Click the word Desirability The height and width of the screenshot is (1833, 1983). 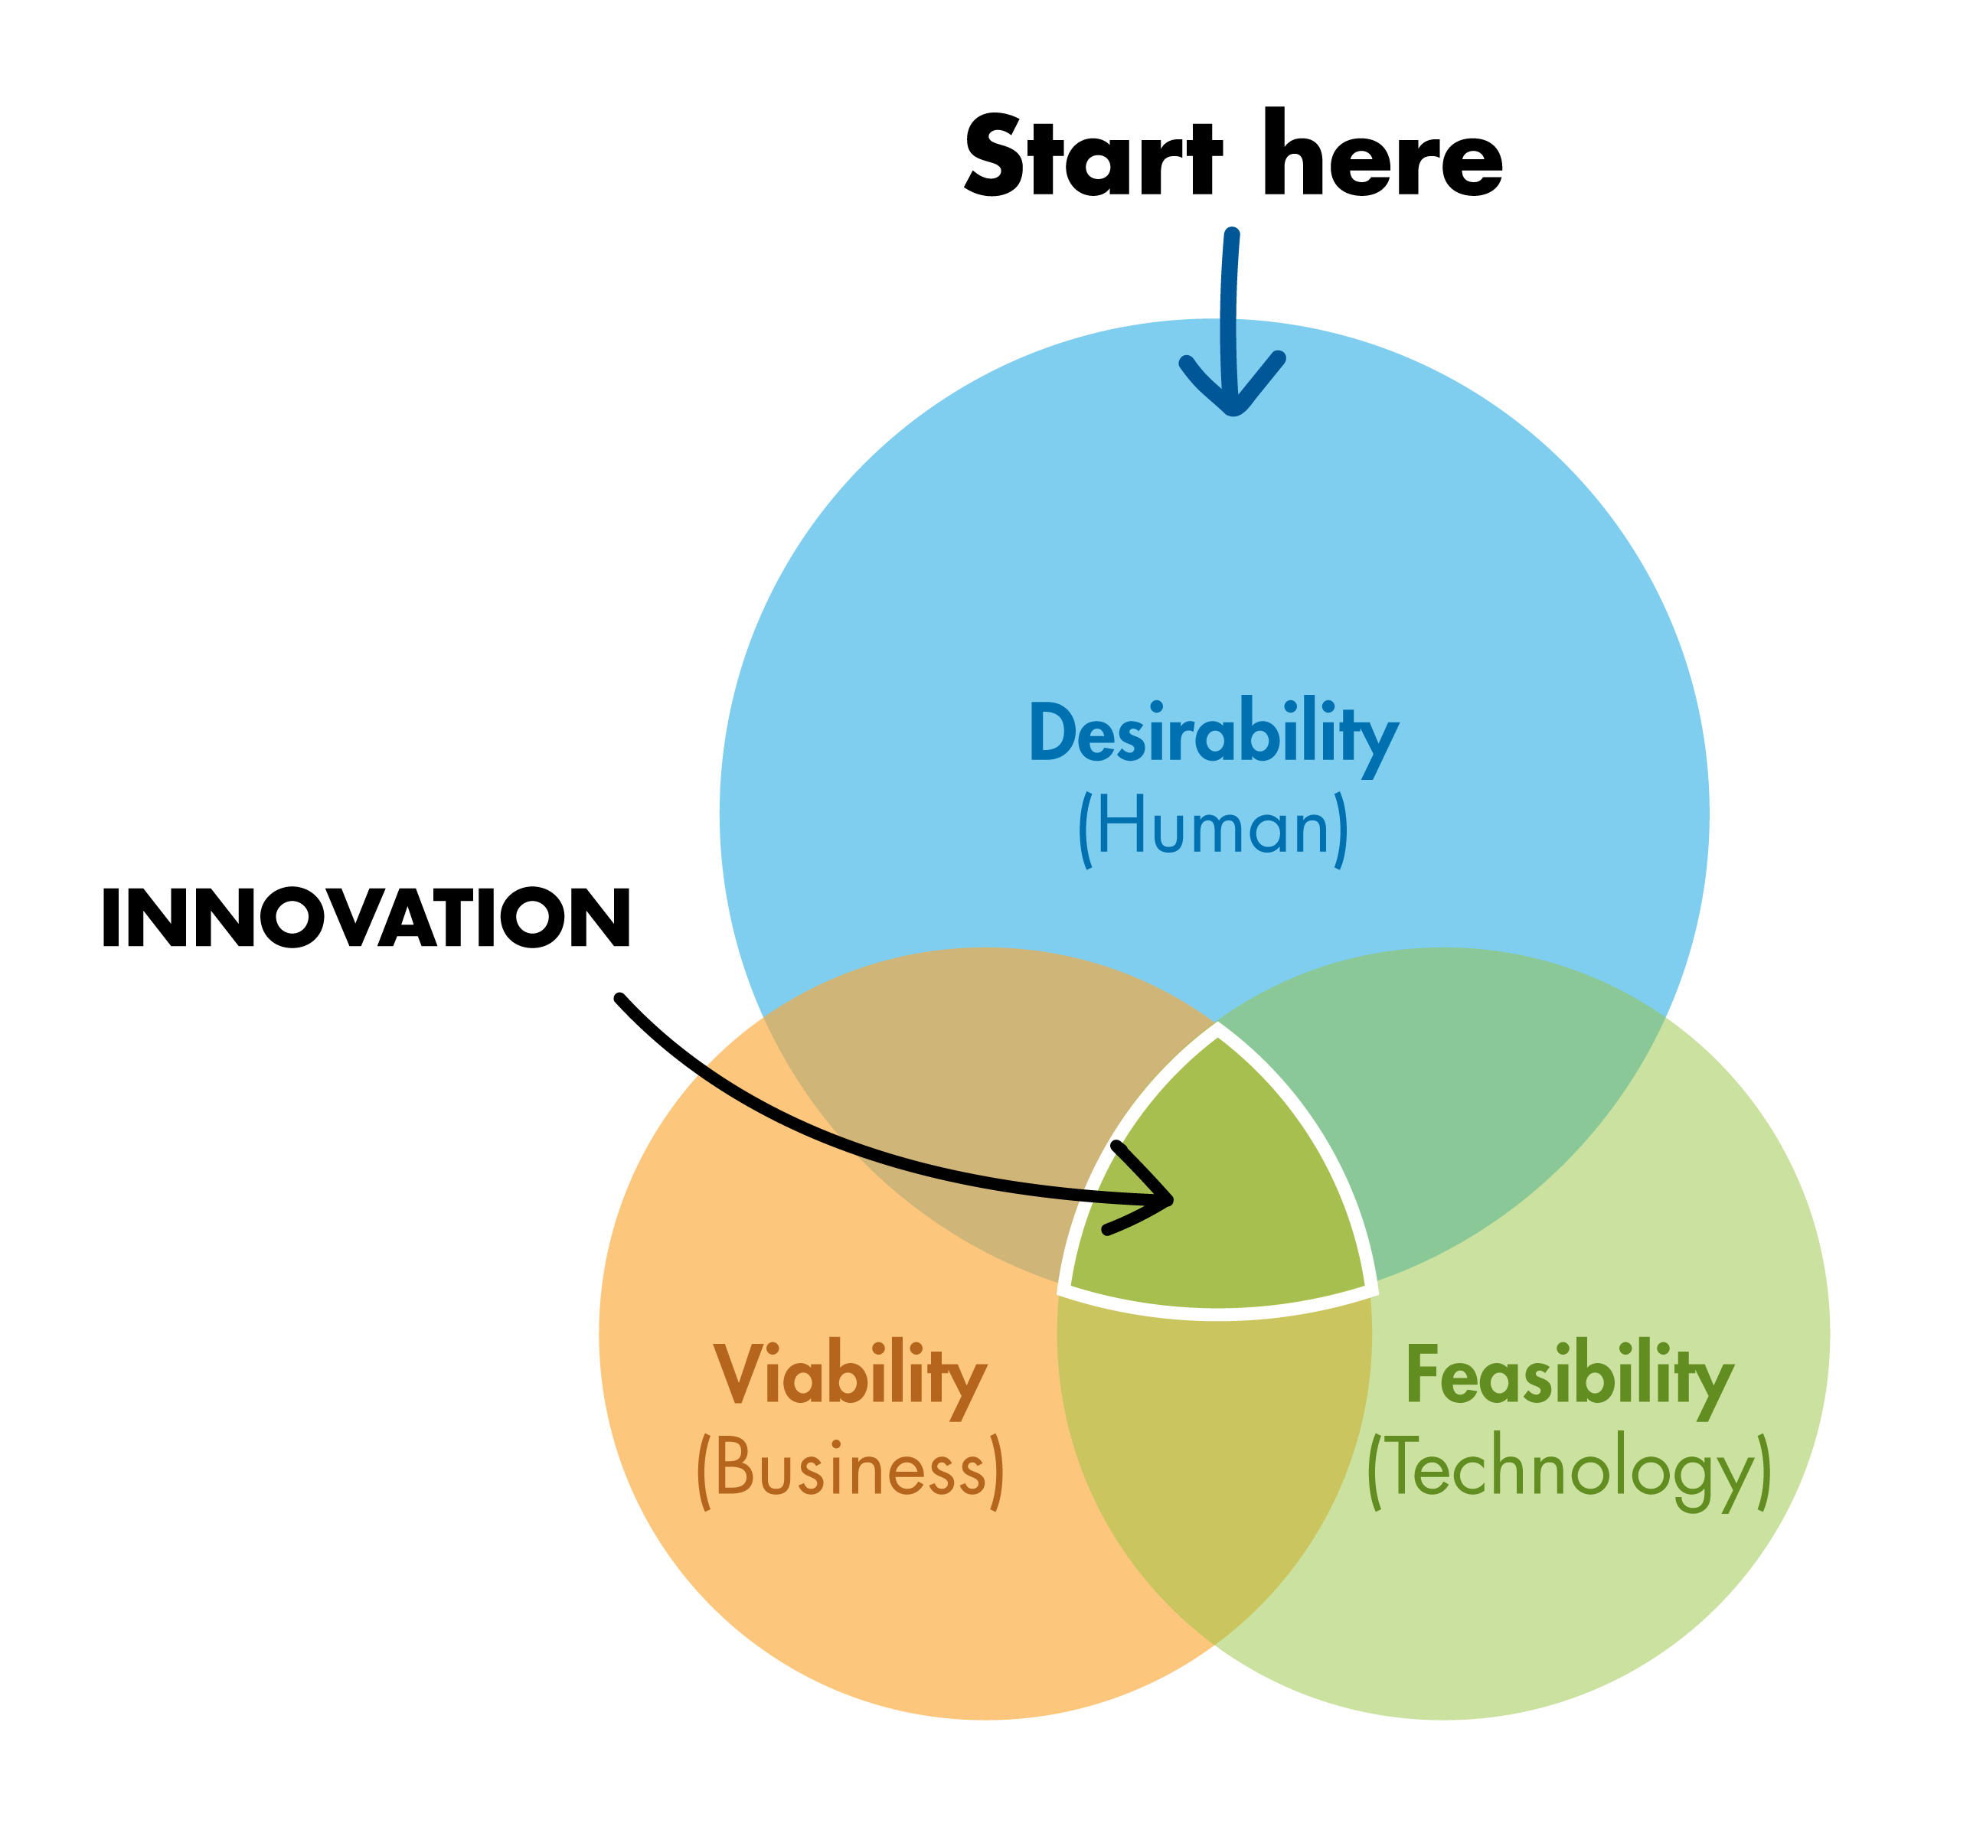click(x=1214, y=733)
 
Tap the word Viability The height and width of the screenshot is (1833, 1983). click(x=849, y=1376)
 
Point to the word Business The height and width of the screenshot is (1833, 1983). click(x=850, y=1469)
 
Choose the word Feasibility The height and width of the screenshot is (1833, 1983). click(x=1570, y=1376)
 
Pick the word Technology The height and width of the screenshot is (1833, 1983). click(x=1570, y=1469)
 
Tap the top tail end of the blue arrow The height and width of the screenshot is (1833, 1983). click(x=1232, y=235)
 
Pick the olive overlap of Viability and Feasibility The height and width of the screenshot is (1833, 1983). click(x=1215, y=1448)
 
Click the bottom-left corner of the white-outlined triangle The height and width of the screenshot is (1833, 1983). click(x=1064, y=1290)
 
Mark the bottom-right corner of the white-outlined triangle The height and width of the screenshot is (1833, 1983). click(x=1373, y=1290)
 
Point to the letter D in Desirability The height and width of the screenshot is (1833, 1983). click(x=1051, y=732)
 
